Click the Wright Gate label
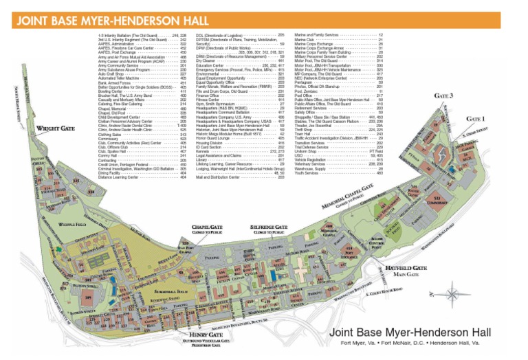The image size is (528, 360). click(x=56, y=128)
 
